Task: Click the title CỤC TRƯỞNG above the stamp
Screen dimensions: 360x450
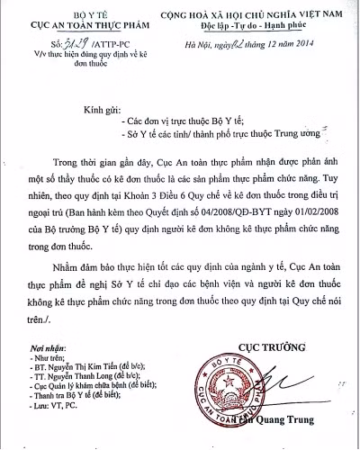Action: [273, 346]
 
